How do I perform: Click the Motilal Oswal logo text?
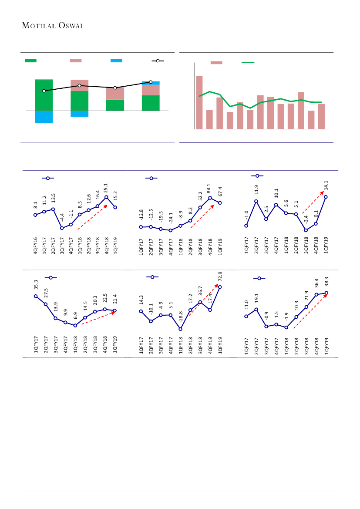[52, 25]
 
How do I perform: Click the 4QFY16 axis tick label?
[35, 246]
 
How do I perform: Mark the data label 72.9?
[220, 277]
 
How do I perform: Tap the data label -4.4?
[62, 218]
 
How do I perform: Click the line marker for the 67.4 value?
[220, 203]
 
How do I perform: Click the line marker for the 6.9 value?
[75, 325]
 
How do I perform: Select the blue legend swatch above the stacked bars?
[116, 61]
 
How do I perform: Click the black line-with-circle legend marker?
[158, 61]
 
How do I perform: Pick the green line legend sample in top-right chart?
[248, 63]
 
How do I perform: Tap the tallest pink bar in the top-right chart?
[199, 102]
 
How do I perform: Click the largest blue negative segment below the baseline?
[44, 117]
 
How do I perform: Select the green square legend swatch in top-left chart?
[30, 61]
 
